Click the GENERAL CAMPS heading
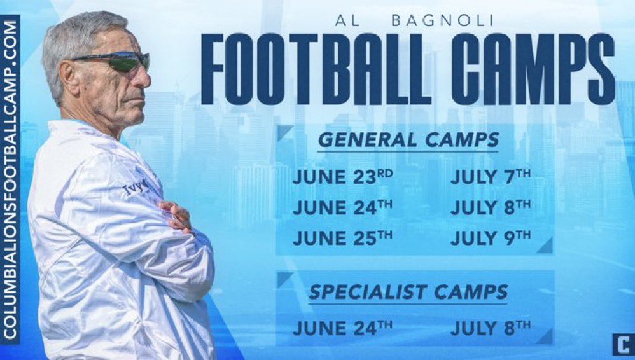[x=408, y=140]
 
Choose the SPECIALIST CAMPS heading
[x=408, y=292]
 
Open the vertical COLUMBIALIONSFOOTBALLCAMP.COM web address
[x=10, y=179]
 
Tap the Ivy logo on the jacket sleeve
[x=134, y=189]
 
